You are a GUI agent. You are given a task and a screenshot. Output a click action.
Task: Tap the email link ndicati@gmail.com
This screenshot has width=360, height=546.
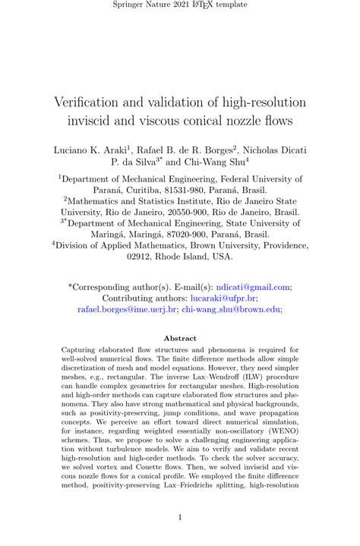pyautogui.click(x=257, y=287)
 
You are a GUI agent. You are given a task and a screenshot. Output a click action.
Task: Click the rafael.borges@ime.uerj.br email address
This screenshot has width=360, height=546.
pyautogui.click(x=126, y=310)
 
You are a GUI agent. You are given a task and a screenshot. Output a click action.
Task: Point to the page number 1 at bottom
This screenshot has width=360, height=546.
pyautogui.click(x=180, y=518)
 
